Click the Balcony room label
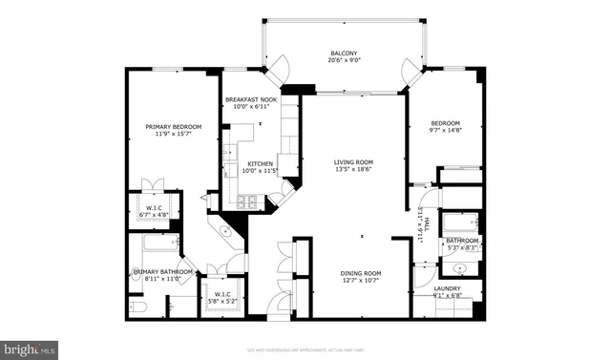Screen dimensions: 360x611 click(x=344, y=53)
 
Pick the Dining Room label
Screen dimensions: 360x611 click(x=361, y=275)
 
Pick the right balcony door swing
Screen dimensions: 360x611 click(x=412, y=69)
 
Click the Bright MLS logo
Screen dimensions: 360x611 click(x=30, y=349)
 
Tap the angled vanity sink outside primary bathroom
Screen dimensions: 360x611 click(x=226, y=231)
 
